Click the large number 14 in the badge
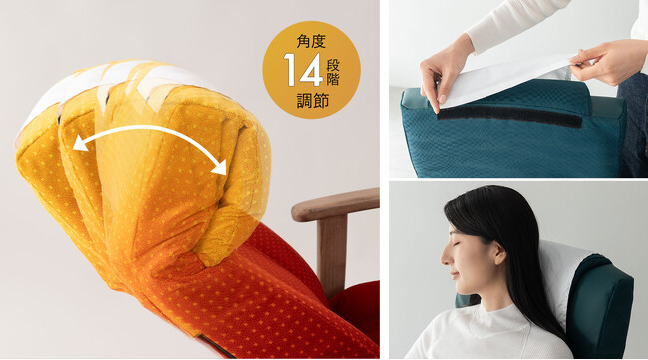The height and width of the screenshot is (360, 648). point(303,70)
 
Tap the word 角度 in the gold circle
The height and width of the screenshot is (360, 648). point(311,41)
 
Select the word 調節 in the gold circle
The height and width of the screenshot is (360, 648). point(312,101)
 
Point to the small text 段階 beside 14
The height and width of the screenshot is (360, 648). point(333,72)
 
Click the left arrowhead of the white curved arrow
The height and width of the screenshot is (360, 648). point(80,143)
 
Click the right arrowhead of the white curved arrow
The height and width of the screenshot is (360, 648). point(219,167)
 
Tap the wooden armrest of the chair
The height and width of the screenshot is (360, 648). point(334,205)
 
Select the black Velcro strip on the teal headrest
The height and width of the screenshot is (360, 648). point(509,116)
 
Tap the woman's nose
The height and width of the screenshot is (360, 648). point(445,257)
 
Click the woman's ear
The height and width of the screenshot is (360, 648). point(500,253)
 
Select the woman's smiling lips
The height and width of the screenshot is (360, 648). point(454,274)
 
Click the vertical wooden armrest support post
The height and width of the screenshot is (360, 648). point(332,254)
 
